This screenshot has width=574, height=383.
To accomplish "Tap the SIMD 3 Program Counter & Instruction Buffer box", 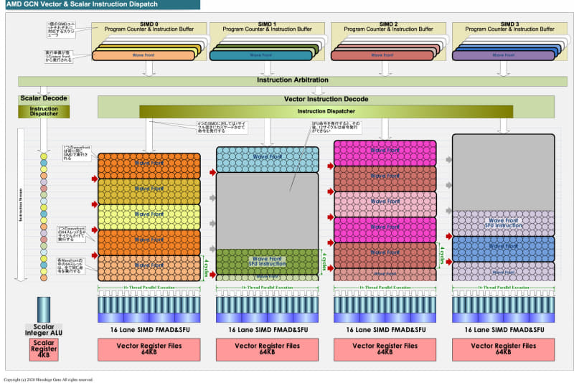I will [x=507, y=29].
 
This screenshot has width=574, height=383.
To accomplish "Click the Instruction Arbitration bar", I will [x=292, y=80].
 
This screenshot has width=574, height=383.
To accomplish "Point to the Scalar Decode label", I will [x=43, y=99].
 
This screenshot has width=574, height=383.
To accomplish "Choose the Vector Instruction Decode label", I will [x=326, y=99].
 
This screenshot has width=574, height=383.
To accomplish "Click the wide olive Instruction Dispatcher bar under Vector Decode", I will [x=326, y=111].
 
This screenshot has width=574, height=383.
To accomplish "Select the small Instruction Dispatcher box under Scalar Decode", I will [x=44, y=111].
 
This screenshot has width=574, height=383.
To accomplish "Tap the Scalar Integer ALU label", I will [x=44, y=329].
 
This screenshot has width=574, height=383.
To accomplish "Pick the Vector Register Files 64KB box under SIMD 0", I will [x=149, y=348].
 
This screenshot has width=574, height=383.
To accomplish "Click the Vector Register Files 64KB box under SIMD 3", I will [x=507, y=348].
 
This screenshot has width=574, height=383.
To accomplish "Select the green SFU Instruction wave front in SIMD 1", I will [x=267, y=260].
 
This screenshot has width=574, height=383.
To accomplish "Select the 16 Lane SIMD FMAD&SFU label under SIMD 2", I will [x=386, y=330].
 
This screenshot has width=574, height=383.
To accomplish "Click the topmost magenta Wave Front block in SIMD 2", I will [x=386, y=151].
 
